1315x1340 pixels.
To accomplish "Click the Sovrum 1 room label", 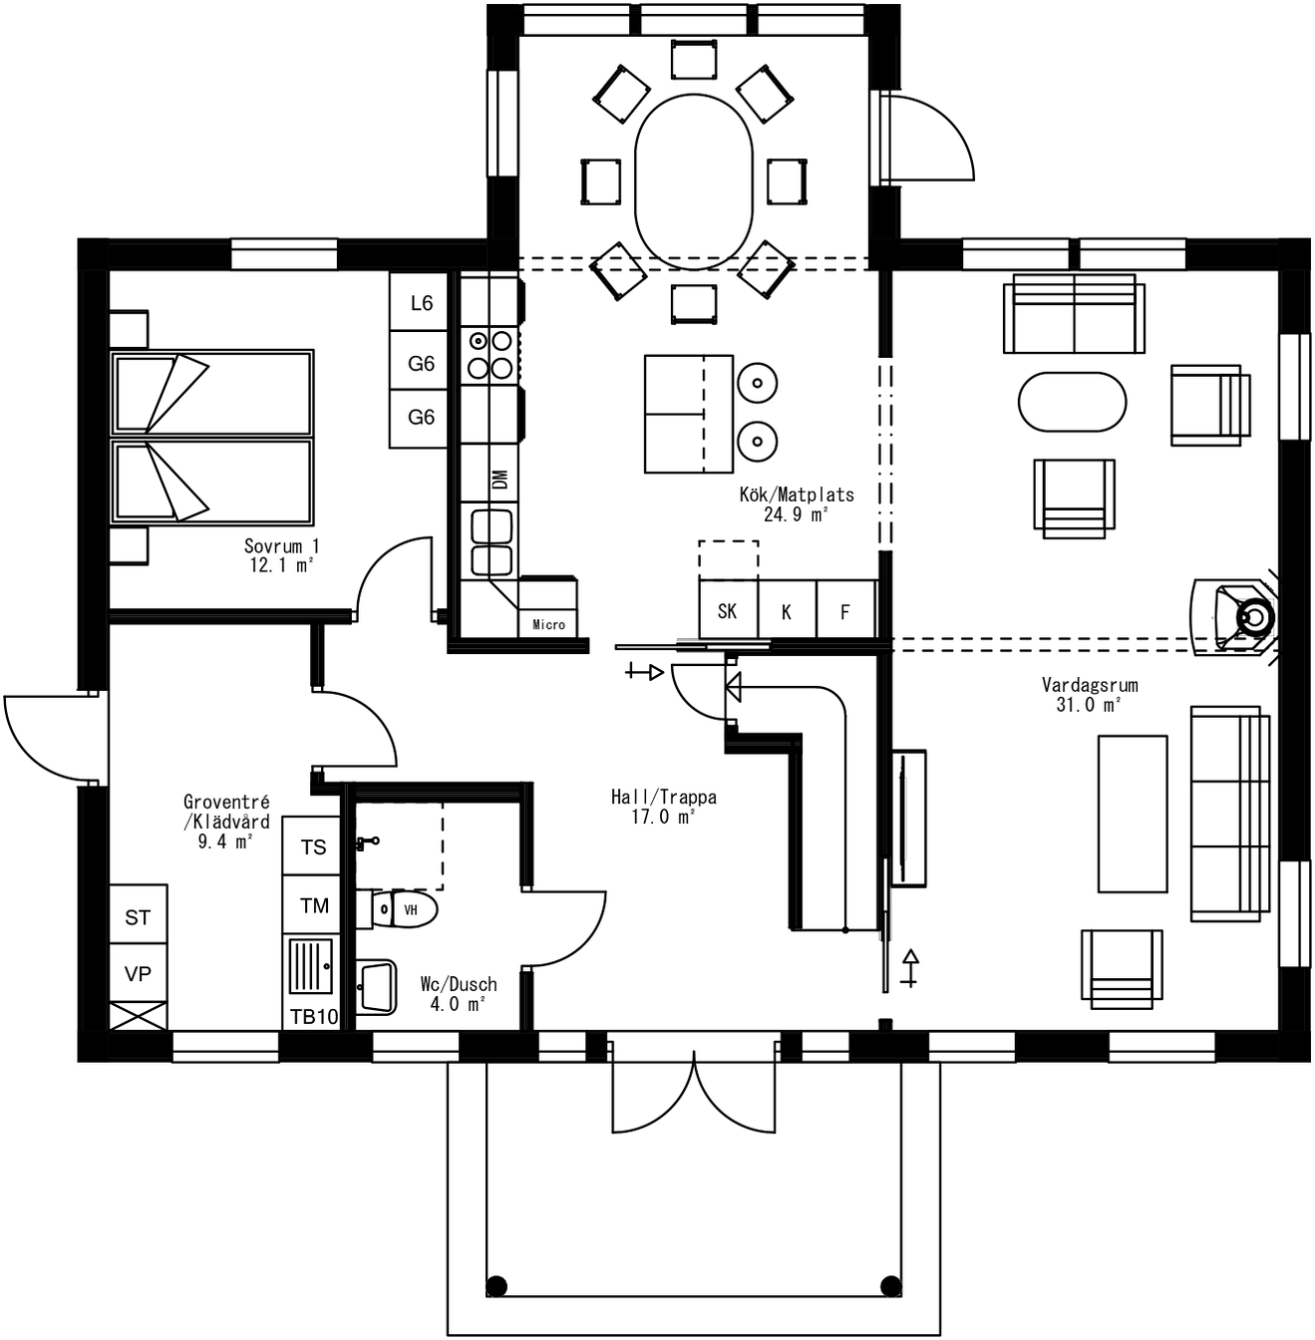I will (281, 546).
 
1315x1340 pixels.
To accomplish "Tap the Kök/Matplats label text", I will (796, 495).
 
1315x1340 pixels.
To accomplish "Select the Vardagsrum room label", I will (1089, 685).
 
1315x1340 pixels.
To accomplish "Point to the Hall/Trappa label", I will (663, 797).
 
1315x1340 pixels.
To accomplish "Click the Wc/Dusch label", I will (458, 984).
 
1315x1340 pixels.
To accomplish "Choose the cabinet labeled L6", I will (420, 303).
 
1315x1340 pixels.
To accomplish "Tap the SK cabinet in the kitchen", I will (728, 611).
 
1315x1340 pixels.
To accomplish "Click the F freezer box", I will (845, 611).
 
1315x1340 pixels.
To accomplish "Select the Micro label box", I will (548, 624).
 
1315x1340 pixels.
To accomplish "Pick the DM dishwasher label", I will (500, 480).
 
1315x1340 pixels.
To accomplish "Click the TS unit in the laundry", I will (313, 846).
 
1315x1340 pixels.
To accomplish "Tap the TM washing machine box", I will (313, 905).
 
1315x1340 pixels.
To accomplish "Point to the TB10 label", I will (313, 1016).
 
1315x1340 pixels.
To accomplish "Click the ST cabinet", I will (138, 916).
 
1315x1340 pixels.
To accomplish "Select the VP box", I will (138, 973).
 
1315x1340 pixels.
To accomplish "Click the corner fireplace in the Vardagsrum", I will (1241, 617).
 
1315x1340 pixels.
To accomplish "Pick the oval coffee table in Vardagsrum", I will (1072, 402).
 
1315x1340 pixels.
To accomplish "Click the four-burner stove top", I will (490, 354).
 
